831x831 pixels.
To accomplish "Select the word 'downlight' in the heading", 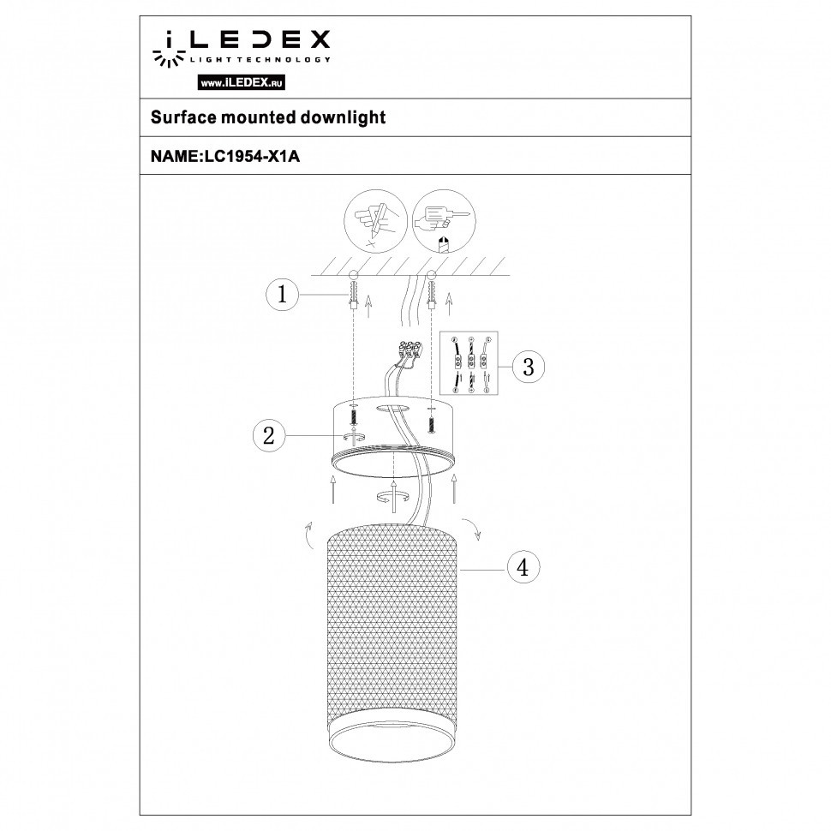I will tap(343, 117).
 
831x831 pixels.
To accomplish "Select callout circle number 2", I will tap(269, 436).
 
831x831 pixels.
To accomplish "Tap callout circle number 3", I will tap(528, 368).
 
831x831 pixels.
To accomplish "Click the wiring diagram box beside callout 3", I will tap(469, 363).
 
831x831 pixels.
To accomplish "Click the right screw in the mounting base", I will tap(431, 420).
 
